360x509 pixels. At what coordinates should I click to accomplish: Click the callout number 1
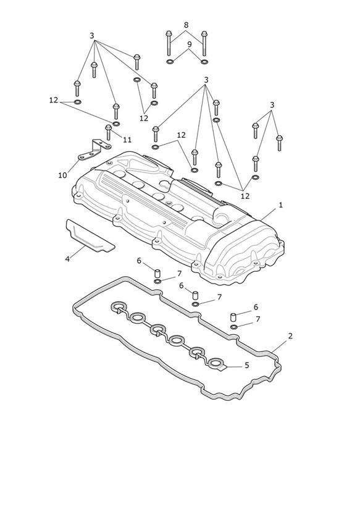coord(281,205)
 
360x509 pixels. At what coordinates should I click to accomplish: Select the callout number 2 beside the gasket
coord(290,336)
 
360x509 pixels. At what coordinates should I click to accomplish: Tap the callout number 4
coord(67,259)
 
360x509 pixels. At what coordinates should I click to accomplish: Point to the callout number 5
coord(247,366)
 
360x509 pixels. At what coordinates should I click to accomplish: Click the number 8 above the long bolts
coord(186,25)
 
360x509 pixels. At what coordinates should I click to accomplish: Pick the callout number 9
coord(190,44)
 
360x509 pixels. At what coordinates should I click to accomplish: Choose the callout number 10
coord(62,175)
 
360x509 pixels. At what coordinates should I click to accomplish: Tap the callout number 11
coord(127,140)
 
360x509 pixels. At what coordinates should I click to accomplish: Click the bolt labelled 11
coord(109,132)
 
